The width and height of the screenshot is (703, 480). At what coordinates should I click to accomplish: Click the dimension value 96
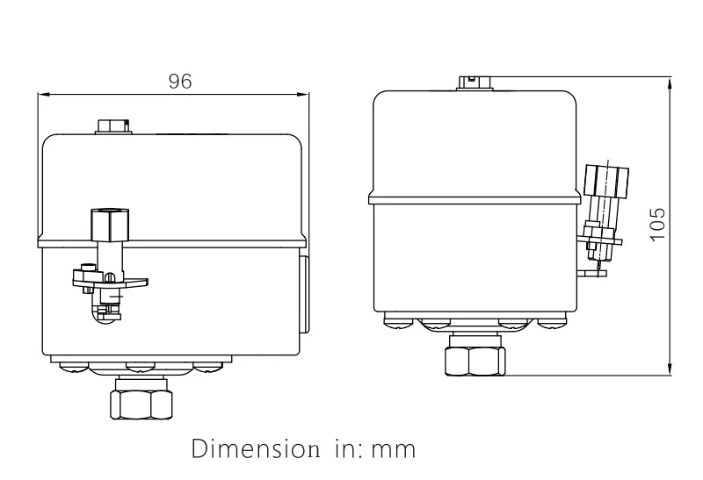pos(180,81)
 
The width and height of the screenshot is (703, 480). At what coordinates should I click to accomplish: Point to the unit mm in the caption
pos(394,449)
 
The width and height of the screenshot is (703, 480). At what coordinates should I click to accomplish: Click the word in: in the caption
pos(347,449)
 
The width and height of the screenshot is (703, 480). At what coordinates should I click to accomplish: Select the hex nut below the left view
pos(141,403)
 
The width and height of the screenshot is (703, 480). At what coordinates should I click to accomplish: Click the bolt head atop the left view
pos(112,125)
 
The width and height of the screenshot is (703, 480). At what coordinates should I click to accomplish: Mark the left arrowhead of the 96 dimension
pos(42,93)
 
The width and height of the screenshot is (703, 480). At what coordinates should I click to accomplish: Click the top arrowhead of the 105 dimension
pos(671,82)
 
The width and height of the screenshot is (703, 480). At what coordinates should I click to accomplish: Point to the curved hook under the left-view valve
pos(99,314)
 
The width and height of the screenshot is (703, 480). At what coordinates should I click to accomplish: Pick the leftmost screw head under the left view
pos(68,366)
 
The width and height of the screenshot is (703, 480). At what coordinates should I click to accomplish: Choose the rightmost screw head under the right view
pos(552,325)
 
